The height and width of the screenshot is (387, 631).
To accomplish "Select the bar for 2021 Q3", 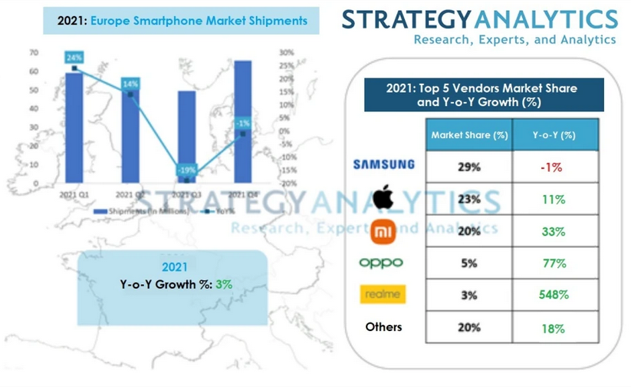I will pos(186,138).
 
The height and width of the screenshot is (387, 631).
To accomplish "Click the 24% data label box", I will pos(74,58).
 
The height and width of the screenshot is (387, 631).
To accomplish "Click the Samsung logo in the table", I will pos(383,164).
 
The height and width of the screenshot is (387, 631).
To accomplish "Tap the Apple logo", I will pos(383,199).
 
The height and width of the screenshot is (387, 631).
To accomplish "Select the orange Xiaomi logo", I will pos(383,230).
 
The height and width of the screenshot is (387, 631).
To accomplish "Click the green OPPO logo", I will pos(381,263).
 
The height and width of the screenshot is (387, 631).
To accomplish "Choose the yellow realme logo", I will pos(383,295).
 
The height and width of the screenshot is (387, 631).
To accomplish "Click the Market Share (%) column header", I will pos(469,135).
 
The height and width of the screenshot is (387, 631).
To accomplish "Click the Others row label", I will pos(383,327).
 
